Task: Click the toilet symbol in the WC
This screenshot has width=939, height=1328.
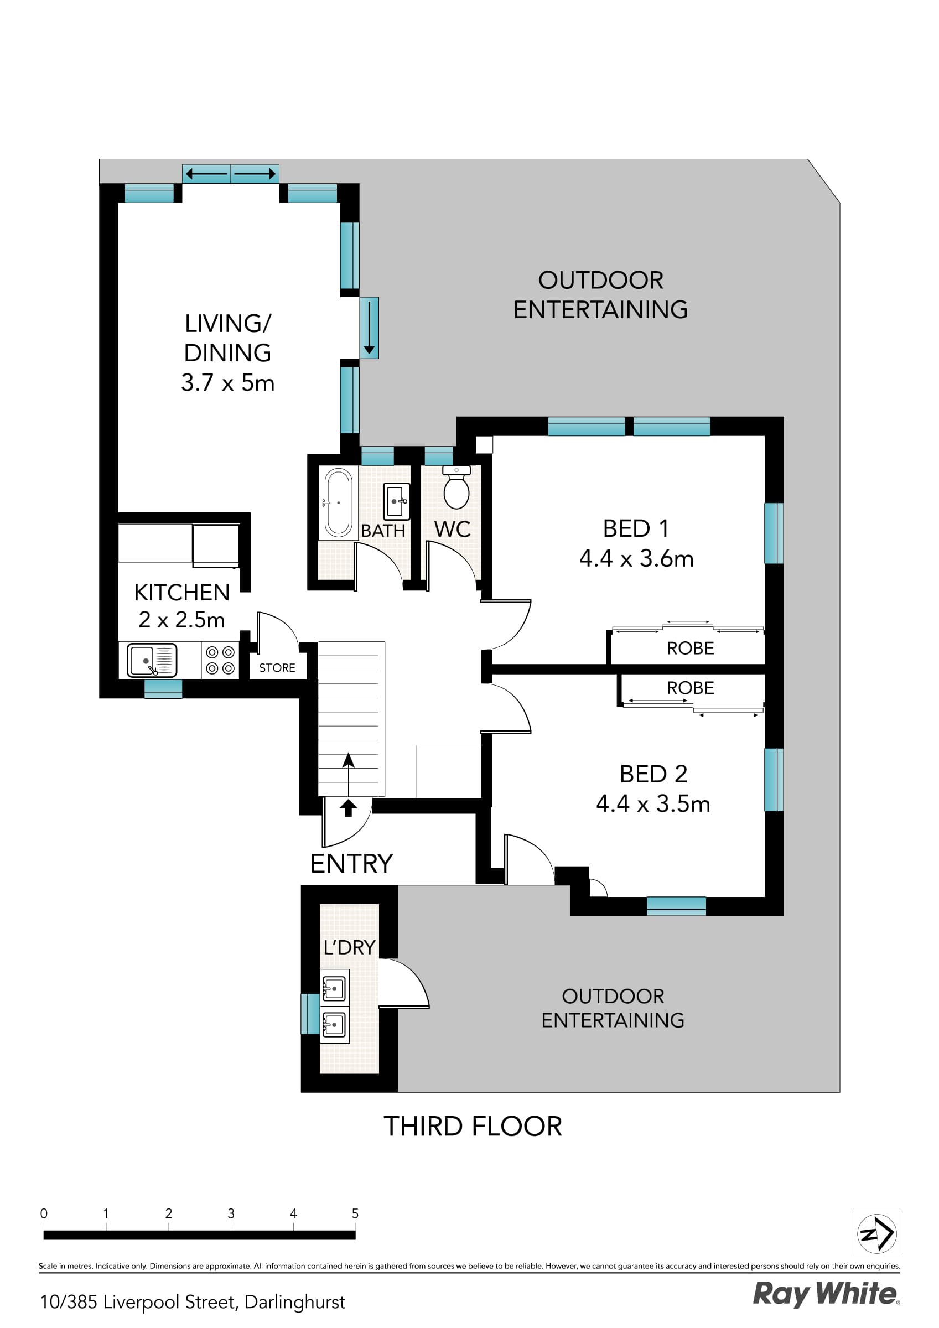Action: [x=456, y=489]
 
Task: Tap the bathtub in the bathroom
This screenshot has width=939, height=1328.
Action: [x=339, y=502]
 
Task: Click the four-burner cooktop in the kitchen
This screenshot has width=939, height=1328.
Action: [x=220, y=661]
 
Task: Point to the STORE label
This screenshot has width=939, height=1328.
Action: [x=277, y=668]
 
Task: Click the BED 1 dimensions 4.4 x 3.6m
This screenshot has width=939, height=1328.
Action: [x=636, y=559]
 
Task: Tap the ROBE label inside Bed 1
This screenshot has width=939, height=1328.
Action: [x=690, y=649]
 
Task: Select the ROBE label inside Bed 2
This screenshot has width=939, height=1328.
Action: [x=690, y=688]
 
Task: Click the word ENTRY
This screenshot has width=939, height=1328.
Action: [x=351, y=864]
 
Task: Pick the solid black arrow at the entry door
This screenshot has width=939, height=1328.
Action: [x=347, y=807]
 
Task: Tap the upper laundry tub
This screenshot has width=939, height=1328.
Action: [x=334, y=988]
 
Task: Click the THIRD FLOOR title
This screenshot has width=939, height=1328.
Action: [x=473, y=1127]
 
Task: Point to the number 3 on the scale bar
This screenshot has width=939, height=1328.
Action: [x=231, y=1214]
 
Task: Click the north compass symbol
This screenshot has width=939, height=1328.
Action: [x=876, y=1234]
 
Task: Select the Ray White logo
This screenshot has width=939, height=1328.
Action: [x=826, y=1294]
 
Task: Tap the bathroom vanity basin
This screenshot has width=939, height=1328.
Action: [x=396, y=501]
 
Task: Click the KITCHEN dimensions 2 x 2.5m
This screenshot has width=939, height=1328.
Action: [x=181, y=620]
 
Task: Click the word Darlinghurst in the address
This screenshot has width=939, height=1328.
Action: [x=294, y=1302]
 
